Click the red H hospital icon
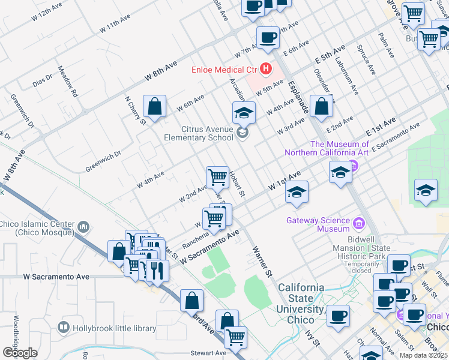click(x=264, y=69)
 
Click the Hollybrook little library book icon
click(x=63, y=328)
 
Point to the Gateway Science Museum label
click(x=318, y=224)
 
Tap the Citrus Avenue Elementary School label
click(x=199, y=133)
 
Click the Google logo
click(x=20, y=352)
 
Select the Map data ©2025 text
click(x=423, y=355)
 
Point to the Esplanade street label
click(x=298, y=97)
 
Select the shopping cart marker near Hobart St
click(x=217, y=178)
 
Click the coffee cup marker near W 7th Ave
click(x=268, y=37)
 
